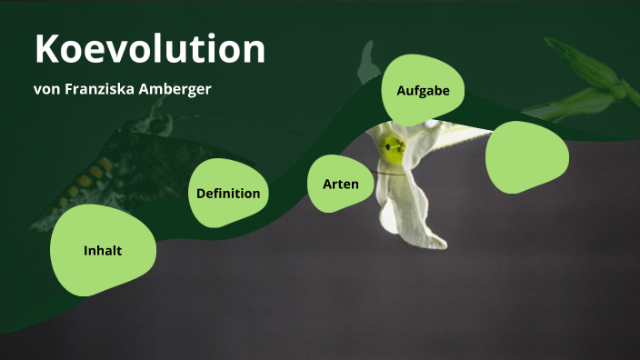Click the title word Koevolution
pyautogui.click(x=150, y=49)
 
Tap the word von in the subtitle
pyautogui.click(x=47, y=90)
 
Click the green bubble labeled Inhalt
pyautogui.click(x=103, y=250)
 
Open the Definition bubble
pyautogui.click(x=227, y=193)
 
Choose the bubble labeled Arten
pyautogui.click(x=341, y=184)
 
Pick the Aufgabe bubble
pyautogui.click(x=423, y=90)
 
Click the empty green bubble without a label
pyautogui.click(x=527, y=157)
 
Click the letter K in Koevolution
pyautogui.click(x=46, y=49)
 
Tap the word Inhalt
pyautogui.click(x=103, y=250)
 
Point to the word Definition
pyautogui.click(x=228, y=193)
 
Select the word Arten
pyautogui.click(x=341, y=184)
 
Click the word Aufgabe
pyautogui.click(x=423, y=90)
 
